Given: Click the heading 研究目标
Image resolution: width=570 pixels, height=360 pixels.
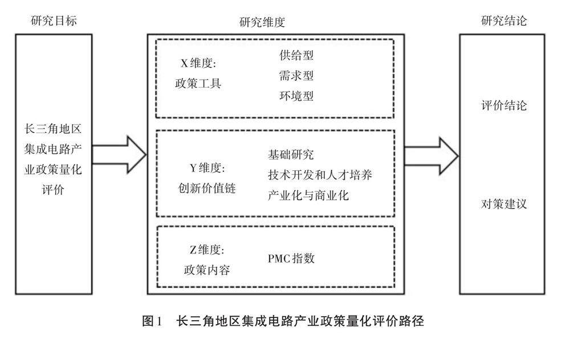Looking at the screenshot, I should (x=54, y=21).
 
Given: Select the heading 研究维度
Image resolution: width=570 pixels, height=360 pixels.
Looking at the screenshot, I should (x=263, y=22).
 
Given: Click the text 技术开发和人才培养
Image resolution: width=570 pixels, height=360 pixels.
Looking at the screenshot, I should (x=320, y=175).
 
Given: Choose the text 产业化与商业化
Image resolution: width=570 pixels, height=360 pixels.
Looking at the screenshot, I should (x=308, y=195).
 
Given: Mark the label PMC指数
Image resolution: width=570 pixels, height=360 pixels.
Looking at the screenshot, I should (x=291, y=259).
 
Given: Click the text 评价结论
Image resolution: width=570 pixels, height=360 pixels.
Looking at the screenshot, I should (x=504, y=106).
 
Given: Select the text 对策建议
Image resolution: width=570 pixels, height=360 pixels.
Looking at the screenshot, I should (x=504, y=204).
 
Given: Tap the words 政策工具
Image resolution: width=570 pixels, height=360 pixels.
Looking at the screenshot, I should (x=198, y=84).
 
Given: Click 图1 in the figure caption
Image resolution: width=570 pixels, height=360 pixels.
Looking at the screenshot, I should (x=152, y=321).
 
